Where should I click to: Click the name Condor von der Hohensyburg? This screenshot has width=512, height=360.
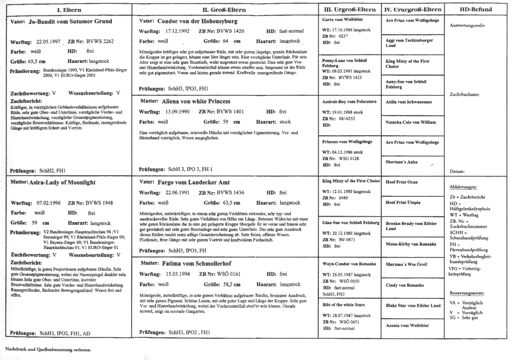[197, 22]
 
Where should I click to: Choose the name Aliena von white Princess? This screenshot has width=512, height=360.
[196, 102]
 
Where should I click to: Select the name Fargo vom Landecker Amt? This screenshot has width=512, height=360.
[194, 182]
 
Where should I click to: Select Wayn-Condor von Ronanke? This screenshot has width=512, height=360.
[349, 264]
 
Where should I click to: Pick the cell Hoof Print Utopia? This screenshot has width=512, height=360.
[403, 203]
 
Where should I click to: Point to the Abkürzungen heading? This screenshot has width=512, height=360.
[465, 187]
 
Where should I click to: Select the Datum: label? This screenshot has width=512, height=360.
[457, 172]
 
